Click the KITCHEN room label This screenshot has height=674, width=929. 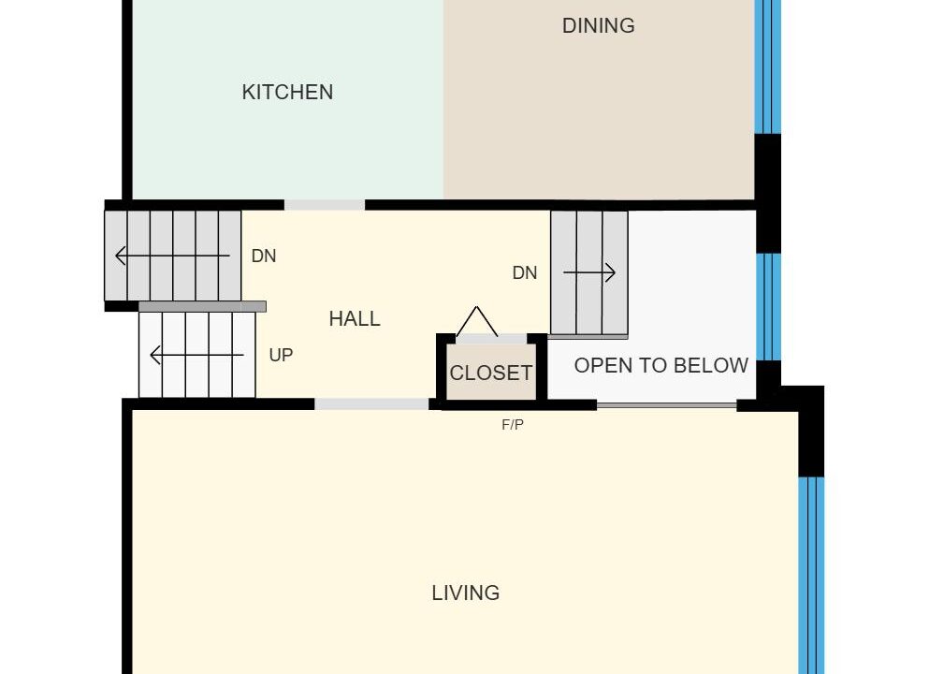[x=287, y=93]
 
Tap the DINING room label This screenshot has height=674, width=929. [x=599, y=25]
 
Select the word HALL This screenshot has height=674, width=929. [x=355, y=319]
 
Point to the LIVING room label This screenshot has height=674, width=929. [x=466, y=593]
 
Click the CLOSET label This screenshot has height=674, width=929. [x=491, y=373]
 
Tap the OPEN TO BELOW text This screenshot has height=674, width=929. [x=661, y=365]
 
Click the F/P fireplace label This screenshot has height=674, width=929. [x=513, y=424]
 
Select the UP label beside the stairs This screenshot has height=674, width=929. [x=281, y=355]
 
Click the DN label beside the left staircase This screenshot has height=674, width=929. [x=264, y=256]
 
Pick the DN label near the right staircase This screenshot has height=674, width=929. [x=524, y=272]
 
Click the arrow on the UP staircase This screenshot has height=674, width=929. [x=196, y=355]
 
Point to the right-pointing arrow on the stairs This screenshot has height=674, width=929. [x=588, y=272]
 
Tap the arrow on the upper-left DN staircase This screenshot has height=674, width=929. [x=172, y=256]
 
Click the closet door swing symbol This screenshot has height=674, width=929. [x=476, y=321]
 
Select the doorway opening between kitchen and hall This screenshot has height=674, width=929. [x=325, y=205]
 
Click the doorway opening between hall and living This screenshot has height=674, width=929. [x=371, y=404]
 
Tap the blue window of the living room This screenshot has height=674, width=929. [x=811, y=575]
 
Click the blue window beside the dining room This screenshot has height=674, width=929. [x=768, y=67]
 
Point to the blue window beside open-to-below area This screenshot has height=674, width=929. [x=768, y=307]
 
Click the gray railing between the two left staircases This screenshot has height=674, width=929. [x=202, y=306]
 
